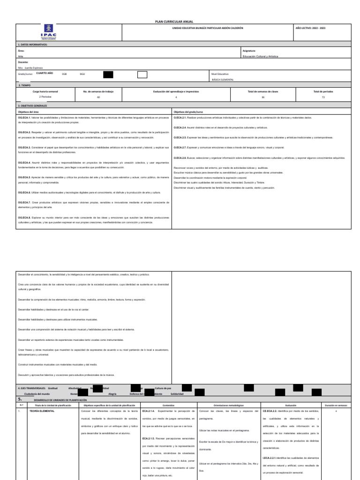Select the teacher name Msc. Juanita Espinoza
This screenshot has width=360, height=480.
pyautogui.click(x=30, y=68)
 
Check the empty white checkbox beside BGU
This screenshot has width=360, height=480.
pyautogui.click(x=142, y=75)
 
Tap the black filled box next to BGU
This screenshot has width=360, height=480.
pyautogui.click(x=108, y=75)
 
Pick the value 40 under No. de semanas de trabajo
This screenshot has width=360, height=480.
pyautogui.click(x=98, y=97)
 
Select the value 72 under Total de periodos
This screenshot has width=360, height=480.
pyautogui.click(x=322, y=97)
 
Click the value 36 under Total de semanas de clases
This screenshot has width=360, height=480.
pyautogui.click(x=263, y=97)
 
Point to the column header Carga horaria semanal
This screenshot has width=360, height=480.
pyautogui.click(x=45, y=91)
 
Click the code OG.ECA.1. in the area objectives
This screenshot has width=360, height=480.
pyautogui.click(x=24, y=117)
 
